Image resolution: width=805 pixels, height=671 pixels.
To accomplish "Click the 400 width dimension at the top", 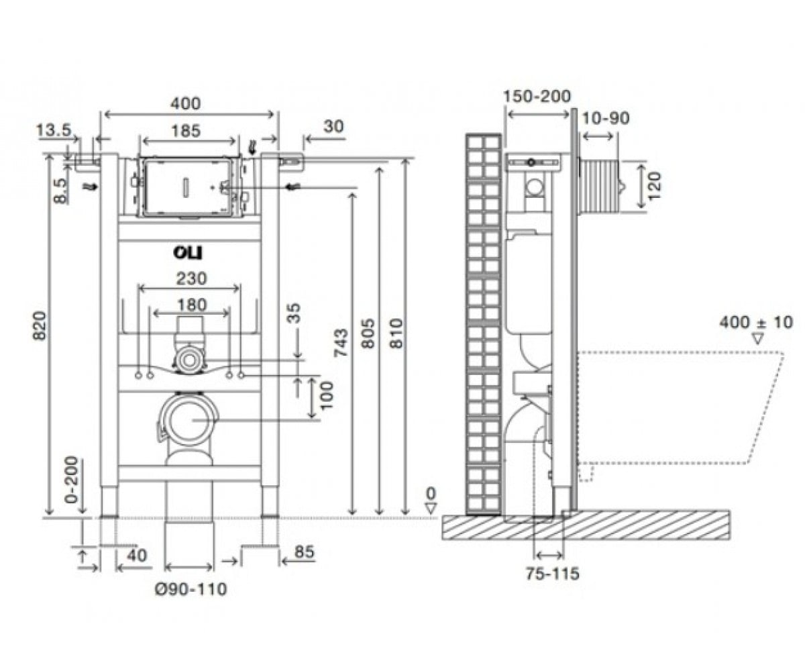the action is pos(186,103).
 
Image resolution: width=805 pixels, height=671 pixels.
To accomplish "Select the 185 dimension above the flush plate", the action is pos(186,131).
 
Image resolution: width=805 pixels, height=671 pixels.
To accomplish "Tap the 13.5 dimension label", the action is pos(54,130).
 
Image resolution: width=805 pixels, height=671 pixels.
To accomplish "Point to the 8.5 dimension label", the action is pos(60,190).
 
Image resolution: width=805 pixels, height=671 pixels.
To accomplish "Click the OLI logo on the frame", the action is pos(187,253).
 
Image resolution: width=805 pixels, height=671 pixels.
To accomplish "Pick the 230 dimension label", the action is pos(192,278).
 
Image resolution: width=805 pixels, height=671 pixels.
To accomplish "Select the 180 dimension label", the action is pos(192,305).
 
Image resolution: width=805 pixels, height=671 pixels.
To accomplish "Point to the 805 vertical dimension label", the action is pos(368,333).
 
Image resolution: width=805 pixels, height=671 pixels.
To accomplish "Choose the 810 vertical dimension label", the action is pos(396,333).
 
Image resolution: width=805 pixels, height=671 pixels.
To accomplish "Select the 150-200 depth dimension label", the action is pos(537,97).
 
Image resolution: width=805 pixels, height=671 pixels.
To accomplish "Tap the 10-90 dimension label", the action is pos(605,118).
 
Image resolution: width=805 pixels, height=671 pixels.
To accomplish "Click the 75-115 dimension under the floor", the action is pos(553,574).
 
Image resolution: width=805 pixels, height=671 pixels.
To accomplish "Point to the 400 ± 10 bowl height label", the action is pos(756,322).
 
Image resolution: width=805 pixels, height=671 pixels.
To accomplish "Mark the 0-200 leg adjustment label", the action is pos(72,480).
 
